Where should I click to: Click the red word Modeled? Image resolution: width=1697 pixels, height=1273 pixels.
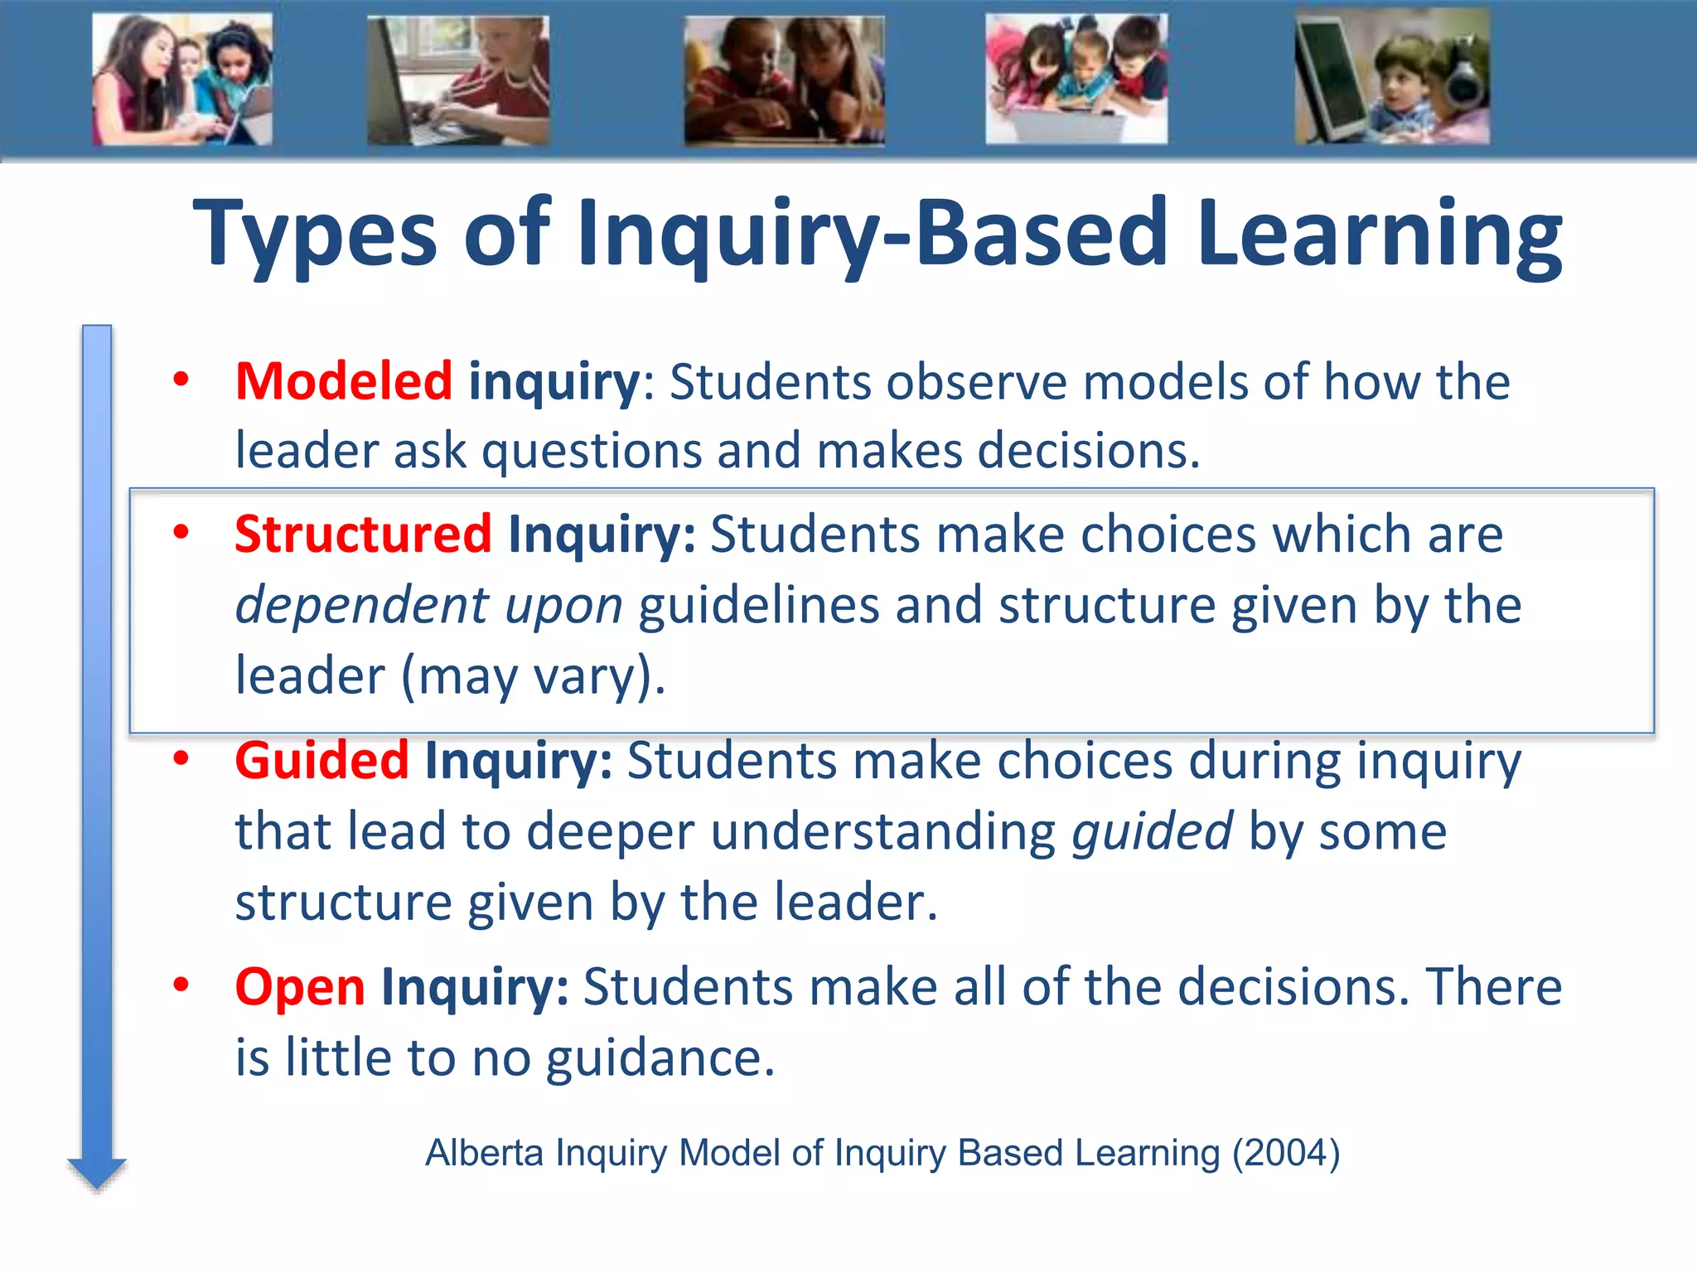[343, 382]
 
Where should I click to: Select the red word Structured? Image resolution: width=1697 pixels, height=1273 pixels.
[363, 534]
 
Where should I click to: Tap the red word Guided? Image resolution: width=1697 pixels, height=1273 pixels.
[322, 761]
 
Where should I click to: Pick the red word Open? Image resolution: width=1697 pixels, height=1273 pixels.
[300, 987]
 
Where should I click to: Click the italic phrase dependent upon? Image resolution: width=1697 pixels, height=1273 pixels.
[428, 605]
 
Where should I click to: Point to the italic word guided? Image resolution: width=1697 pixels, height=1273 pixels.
[1152, 831]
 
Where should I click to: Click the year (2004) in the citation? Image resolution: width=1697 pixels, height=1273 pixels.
[1286, 1153]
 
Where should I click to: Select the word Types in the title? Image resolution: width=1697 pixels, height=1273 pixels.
[315, 234]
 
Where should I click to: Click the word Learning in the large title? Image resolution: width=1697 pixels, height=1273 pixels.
[1379, 234]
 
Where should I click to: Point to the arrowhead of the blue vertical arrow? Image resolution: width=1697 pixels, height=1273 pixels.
[97, 1173]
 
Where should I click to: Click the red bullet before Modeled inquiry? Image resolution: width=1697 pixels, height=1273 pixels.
[181, 380]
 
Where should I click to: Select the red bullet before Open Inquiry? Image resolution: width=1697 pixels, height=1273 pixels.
[181, 985]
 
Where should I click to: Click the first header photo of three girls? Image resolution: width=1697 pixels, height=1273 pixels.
[182, 80]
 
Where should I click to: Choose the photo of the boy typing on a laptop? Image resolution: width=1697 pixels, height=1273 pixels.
[458, 81]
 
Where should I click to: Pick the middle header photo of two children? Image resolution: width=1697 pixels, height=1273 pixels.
[784, 81]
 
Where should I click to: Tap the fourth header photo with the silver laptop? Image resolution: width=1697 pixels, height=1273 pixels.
[1076, 80]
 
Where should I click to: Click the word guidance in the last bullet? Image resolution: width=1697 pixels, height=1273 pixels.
[660, 1058]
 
